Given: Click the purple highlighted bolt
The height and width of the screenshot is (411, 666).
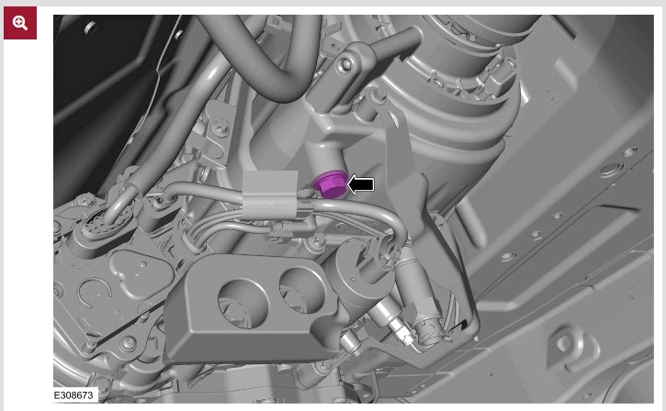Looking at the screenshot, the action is (330, 184).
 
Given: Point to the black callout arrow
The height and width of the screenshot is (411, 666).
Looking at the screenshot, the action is (361, 184).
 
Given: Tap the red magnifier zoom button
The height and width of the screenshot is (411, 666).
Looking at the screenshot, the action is (20, 23).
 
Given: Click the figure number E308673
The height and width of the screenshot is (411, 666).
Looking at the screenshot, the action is (73, 395).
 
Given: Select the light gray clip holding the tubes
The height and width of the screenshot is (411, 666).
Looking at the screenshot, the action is (270, 194).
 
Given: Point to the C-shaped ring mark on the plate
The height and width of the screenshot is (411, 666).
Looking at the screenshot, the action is (95, 293).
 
